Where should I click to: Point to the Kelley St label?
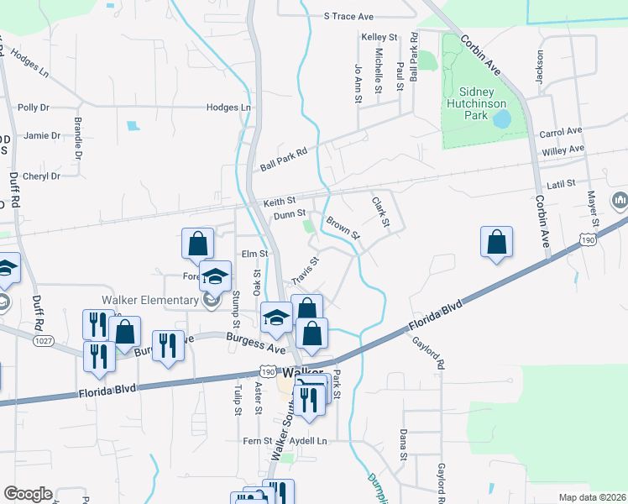click(379, 38)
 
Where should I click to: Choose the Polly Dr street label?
click(34, 108)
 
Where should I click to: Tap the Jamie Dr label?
click(42, 135)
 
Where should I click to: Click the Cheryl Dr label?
click(42, 176)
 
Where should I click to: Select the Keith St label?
click(280, 202)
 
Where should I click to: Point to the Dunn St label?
click(288, 215)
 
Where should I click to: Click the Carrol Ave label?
click(561, 133)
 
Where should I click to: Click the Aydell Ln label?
click(310, 441)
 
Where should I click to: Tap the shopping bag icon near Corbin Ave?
click(497, 242)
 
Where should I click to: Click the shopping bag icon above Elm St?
click(196, 244)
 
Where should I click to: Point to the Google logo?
click(28, 494)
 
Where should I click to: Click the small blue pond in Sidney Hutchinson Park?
click(501, 120)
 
